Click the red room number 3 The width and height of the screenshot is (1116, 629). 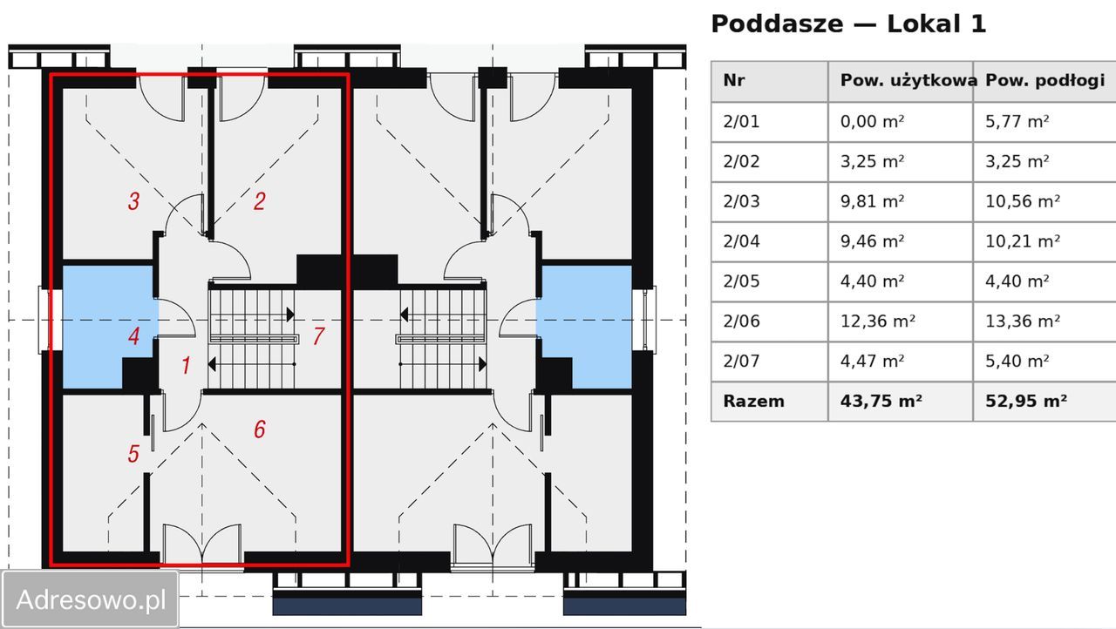pyautogui.click(x=133, y=201)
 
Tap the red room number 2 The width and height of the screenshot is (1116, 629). pyautogui.click(x=260, y=201)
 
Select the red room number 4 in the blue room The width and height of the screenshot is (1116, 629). pyautogui.click(x=133, y=336)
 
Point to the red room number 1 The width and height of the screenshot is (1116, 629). pyautogui.click(x=186, y=365)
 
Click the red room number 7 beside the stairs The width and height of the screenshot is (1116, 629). pyautogui.click(x=319, y=336)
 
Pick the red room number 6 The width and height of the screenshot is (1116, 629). pyautogui.click(x=260, y=429)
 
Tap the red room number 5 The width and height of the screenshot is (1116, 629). pyautogui.click(x=133, y=453)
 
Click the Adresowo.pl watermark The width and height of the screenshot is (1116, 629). pyautogui.click(x=91, y=599)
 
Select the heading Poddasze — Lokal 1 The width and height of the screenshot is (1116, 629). pyautogui.click(x=848, y=24)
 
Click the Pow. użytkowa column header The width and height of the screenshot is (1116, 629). pyautogui.click(x=908, y=80)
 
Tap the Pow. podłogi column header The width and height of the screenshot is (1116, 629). pyautogui.click(x=1045, y=80)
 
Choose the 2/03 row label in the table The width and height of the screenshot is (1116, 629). pyautogui.click(x=741, y=201)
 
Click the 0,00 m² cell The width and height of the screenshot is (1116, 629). pyautogui.click(x=872, y=121)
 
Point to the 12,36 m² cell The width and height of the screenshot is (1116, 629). pyautogui.click(x=877, y=321)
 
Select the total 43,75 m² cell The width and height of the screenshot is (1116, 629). pyautogui.click(x=881, y=401)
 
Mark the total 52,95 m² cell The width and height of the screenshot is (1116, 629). pyautogui.click(x=1026, y=401)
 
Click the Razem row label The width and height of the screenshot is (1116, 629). pyautogui.click(x=753, y=401)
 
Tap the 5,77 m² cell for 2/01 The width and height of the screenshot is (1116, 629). pyautogui.click(x=1017, y=121)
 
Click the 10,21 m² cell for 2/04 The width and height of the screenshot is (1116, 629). pyautogui.click(x=1023, y=241)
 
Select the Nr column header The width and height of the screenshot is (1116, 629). pyautogui.click(x=734, y=80)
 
